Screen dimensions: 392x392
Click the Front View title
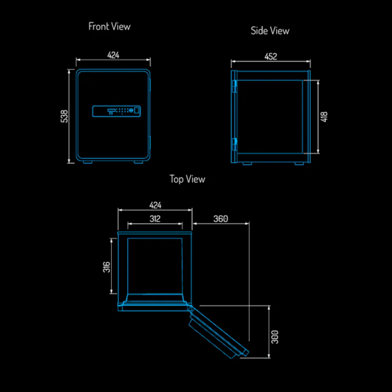pyautogui.click(x=110, y=27)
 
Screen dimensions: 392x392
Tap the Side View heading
pyautogui.click(x=270, y=31)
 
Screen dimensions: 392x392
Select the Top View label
pyautogui.click(x=188, y=179)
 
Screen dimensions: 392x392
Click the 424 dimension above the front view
pyautogui.click(x=113, y=55)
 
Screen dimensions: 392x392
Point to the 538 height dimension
pyautogui.click(x=64, y=116)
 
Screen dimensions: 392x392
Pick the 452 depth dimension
pyautogui.click(x=270, y=56)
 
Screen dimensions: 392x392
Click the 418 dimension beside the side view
pyautogui.click(x=324, y=117)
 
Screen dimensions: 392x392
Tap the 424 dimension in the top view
pyautogui.click(x=155, y=205)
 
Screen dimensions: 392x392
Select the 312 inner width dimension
pyautogui.click(x=155, y=219)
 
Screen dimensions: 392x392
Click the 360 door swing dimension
pyautogui.click(x=221, y=219)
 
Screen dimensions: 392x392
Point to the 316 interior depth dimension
pyautogui.click(x=106, y=267)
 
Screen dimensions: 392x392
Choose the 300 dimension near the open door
pyautogui.click(x=275, y=337)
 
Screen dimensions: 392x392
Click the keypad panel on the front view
pyautogui.click(x=116, y=111)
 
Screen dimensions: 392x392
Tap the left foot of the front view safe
pyautogui.click(x=88, y=162)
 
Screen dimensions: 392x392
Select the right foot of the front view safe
pyautogui.click(x=139, y=162)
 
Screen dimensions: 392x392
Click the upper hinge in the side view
pyautogui.click(x=235, y=86)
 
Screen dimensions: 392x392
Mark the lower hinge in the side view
pyautogui.click(x=235, y=144)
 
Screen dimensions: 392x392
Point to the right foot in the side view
pyautogui.click(x=299, y=163)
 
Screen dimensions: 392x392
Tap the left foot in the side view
pyautogui.click(x=247, y=163)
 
